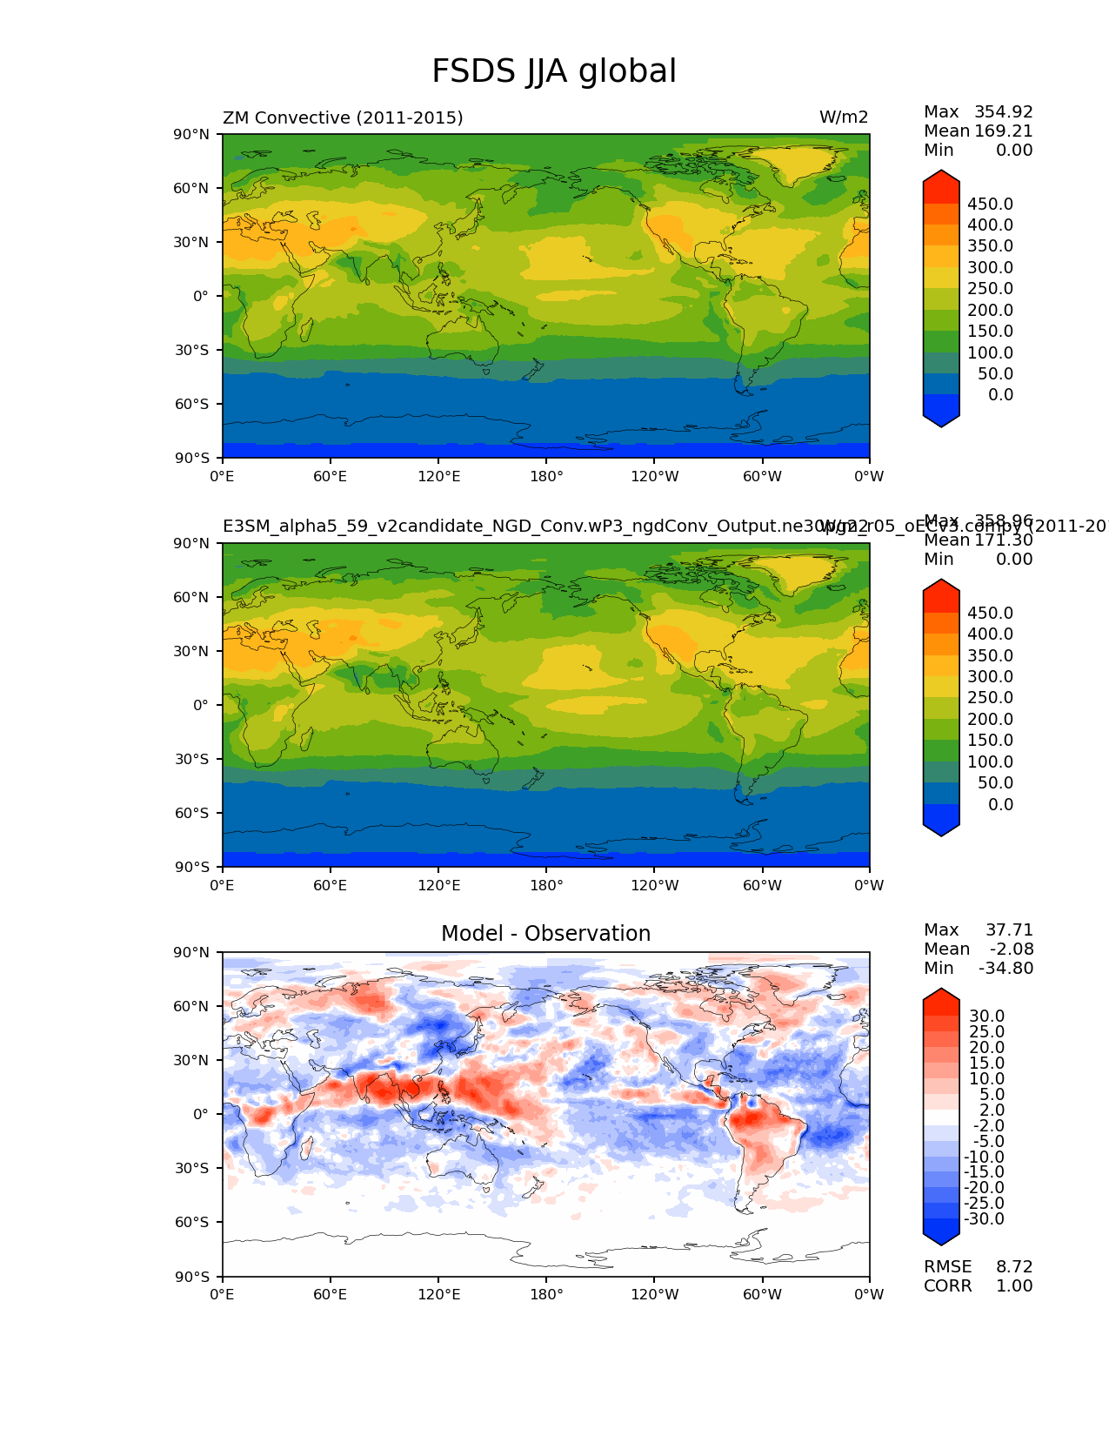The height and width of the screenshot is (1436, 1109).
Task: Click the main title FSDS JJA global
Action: tap(554, 71)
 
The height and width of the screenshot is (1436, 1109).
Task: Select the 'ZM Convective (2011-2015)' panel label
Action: tap(343, 117)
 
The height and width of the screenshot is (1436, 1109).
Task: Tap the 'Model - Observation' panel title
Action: tap(545, 934)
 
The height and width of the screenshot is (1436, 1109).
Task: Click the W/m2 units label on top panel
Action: tap(843, 117)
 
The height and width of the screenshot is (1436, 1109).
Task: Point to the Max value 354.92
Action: tap(1003, 111)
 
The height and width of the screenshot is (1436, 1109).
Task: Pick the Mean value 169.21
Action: tap(1003, 131)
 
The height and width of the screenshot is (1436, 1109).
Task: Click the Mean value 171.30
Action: tap(1003, 540)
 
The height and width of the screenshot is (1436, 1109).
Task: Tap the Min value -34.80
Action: tap(1005, 968)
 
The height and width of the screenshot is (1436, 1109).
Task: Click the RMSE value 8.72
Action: tap(1014, 1266)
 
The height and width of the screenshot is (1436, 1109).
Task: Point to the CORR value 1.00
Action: tap(1014, 1285)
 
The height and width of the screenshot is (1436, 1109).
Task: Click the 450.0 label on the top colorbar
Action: tap(990, 204)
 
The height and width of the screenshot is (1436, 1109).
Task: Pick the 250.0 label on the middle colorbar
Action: tap(990, 697)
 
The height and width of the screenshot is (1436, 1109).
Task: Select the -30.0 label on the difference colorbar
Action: tap(984, 1218)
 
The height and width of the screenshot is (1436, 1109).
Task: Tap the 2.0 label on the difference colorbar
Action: tap(992, 1110)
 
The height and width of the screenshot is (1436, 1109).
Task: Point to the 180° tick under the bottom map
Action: tap(546, 1294)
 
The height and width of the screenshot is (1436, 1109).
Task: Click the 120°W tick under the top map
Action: tap(654, 476)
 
